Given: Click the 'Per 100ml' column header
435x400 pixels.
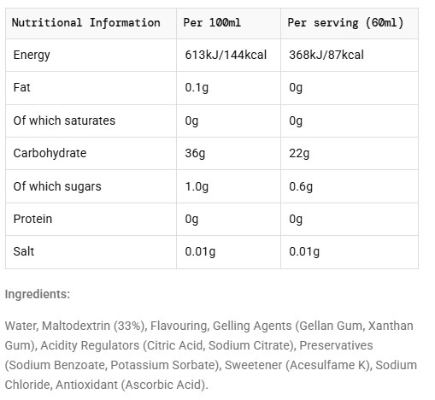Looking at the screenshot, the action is pos(212,22).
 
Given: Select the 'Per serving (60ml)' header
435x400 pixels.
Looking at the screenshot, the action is pos(345,23).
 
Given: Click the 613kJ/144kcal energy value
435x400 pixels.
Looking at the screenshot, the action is pos(226,55).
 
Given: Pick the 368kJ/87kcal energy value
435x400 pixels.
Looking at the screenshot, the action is pos(326,55).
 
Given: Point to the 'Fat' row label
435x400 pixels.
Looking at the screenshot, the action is pos(21,87).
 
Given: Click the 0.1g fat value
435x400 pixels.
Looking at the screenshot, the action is pos(197,88).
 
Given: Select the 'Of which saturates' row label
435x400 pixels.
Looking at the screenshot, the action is pos(64,121).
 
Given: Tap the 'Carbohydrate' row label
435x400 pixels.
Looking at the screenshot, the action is pos(50,153).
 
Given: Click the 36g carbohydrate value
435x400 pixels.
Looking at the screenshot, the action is pos(195,154).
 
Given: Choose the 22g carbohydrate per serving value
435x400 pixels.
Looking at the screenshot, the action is pos(299,154).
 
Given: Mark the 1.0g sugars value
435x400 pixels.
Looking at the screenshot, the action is pos(197,186).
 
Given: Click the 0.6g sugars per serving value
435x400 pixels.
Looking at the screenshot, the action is pos(301,186).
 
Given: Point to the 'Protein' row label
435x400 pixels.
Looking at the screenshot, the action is pos(32,219).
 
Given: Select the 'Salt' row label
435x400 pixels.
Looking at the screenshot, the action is pos(24,251).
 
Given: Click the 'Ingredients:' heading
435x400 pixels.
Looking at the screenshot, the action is pos(38,294).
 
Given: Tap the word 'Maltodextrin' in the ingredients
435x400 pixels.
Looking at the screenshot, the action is pos(76,326).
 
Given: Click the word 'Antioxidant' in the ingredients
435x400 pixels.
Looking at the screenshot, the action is pos(86,385).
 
